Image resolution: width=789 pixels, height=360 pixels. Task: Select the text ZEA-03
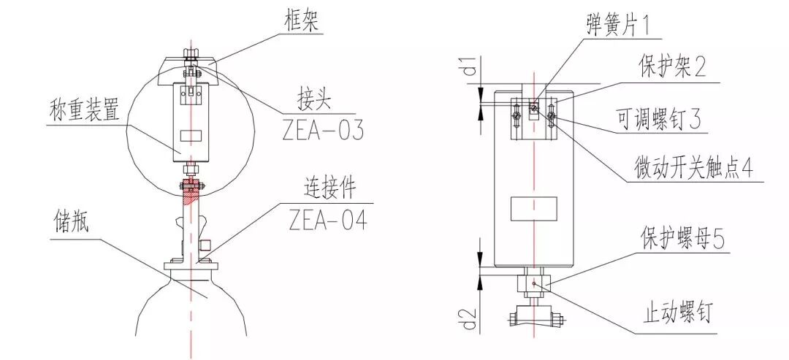[x=322, y=130]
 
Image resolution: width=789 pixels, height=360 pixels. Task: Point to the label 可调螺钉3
[x=658, y=118]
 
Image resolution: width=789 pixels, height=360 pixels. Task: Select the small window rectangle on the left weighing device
[x=192, y=137]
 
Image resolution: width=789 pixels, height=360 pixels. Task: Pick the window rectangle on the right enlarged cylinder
[x=533, y=208]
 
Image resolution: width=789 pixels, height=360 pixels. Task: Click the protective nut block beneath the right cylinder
[x=534, y=282]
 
